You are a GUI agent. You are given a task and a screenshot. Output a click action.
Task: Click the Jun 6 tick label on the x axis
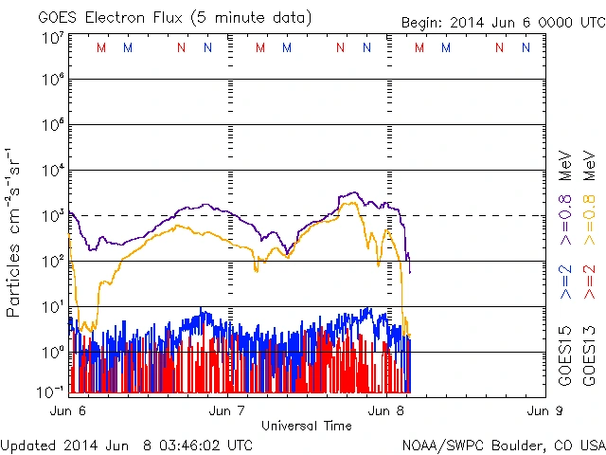[67, 410]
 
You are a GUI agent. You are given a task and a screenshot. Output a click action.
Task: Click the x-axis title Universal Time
[306, 425]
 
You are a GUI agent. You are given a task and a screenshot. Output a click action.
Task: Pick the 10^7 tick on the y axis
[52, 39]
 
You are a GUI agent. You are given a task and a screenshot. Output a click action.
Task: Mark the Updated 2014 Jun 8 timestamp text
[127, 444]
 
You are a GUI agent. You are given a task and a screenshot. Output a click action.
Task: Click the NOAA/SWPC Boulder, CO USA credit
[503, 444]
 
